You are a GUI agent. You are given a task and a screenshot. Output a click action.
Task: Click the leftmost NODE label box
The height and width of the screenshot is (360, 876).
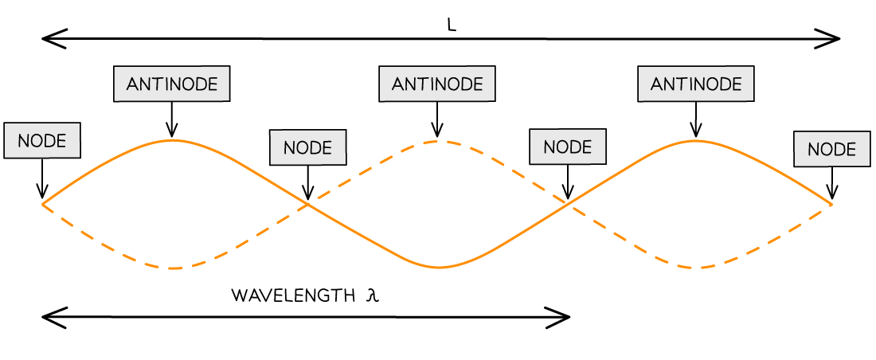click(42, 140)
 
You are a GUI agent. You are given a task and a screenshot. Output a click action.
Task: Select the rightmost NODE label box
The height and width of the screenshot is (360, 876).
click(832, 149)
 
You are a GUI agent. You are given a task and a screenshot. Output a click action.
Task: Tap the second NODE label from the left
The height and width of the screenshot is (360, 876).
click(308, 147)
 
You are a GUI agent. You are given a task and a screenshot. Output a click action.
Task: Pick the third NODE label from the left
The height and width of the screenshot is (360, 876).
click(568, 147)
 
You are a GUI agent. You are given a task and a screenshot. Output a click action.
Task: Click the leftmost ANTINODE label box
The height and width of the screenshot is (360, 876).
click(171, 84)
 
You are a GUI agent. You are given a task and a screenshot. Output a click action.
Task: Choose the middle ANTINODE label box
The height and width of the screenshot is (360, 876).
click(437, 84)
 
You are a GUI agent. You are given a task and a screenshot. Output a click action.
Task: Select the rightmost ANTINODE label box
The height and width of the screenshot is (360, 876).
click(695, 84)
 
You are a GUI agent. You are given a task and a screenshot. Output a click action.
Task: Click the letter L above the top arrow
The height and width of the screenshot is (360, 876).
click(452, 25)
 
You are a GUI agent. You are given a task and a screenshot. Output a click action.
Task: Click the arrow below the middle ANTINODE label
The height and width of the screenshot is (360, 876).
click(437, 119)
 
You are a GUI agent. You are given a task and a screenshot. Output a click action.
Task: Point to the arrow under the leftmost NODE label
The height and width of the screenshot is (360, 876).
click(42, 178)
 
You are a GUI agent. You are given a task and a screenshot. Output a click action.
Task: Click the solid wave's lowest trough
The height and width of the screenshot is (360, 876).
click(439, 267)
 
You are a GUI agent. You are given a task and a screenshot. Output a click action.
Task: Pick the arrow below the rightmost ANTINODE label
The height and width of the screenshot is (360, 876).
click(695, 119)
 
